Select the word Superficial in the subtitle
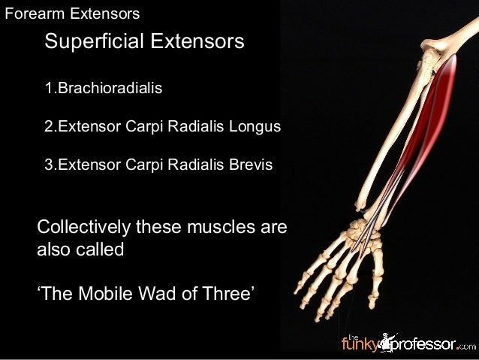pyautogui.click(x=92, y=41)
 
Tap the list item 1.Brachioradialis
pyautogui.click(x=104, y=89)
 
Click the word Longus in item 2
pyautogui.click(x=257, y=126)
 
